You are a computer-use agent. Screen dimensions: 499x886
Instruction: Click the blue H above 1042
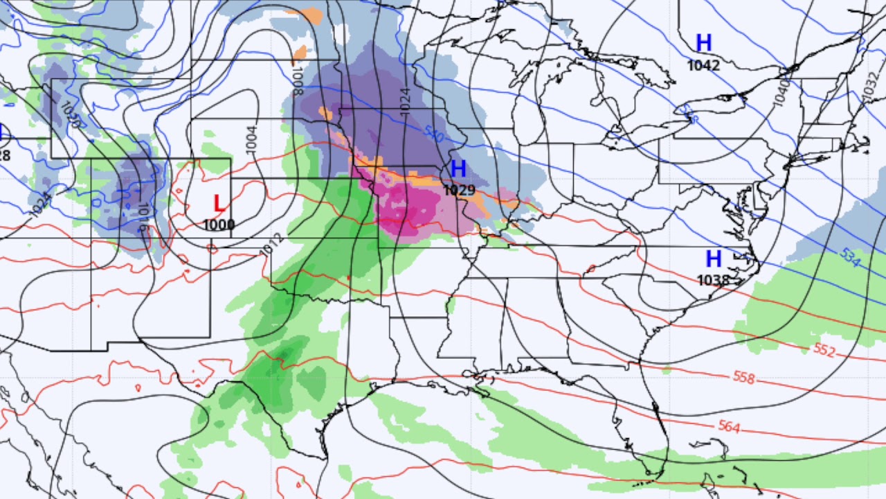tap(703, 44)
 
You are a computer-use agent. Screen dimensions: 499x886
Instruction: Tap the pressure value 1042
tap(703, 66)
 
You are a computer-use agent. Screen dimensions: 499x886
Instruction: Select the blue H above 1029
tap(458, 169)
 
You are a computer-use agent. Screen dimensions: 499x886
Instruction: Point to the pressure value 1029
tap(459, 190)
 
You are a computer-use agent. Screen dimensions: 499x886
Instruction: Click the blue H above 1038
tap(714, 259)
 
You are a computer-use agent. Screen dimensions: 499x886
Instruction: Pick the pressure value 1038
tap(714, 280)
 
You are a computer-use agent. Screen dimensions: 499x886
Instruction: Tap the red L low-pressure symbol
tap(219, 204)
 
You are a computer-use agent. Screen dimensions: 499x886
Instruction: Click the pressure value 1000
tap(219, 225)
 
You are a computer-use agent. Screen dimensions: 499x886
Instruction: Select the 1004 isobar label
tap(251, 141)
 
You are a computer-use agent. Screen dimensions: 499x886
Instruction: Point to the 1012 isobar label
tap(274, 244)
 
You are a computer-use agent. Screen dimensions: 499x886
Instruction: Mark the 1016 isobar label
tap(143, 215)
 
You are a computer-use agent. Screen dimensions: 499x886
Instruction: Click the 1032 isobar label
tap(869, 87)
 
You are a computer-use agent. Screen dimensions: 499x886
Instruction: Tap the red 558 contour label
tap(743, 378)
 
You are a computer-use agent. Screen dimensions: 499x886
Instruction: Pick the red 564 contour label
tap(729, 427)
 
